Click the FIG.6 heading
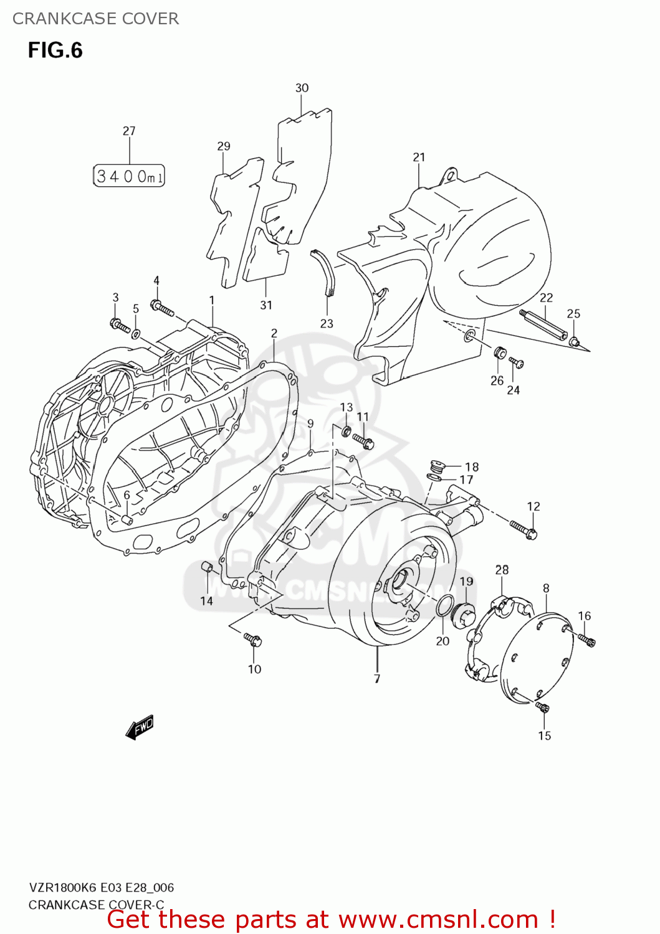[x=55, y=50]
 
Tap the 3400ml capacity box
[x=129, y=176]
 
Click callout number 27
[x=129, y=131]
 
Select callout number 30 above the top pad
[x=302, y=88]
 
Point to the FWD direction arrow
[x=140, y=727]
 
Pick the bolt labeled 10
[x=252, y=639]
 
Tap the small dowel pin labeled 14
[x=207, y=567]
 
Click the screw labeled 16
[x=586, y=639]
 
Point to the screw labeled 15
[x=543, y=707]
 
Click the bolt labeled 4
[x=162, y=308]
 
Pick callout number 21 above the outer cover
[x=419, y=158]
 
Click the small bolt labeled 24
[x=516, y=362]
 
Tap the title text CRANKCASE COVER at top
[x=95, y=19]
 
